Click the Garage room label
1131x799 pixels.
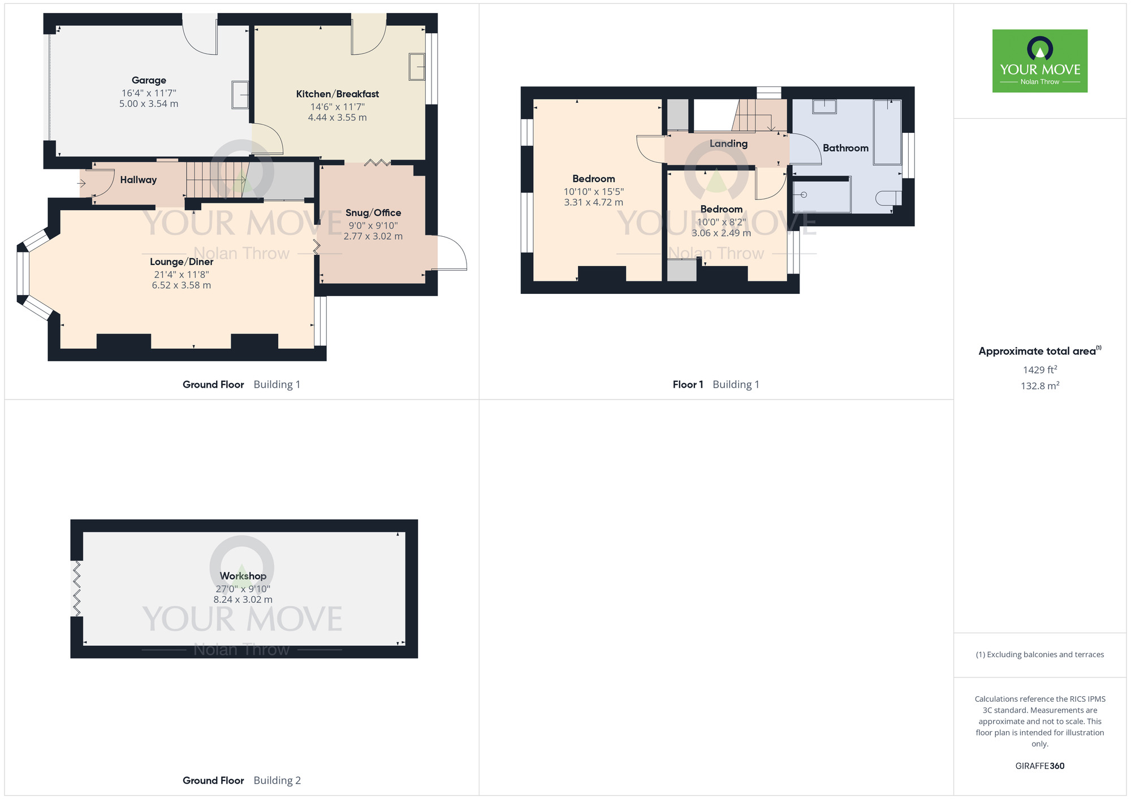[x=149, y=80]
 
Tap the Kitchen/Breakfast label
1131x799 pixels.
[x=338, y=94]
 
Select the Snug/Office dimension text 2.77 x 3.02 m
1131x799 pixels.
[x=373, y=236]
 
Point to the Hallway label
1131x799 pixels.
[x=139, y=180]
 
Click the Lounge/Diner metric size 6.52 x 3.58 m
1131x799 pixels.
[x=182, y=285]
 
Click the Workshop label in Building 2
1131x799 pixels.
[x=243, y=576]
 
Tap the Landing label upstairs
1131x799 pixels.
[x=728, y=144]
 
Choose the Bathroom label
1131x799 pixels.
[x=845, y=148]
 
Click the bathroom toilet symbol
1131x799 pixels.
[x=888, y=198]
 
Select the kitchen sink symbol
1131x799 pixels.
[x=417, y=67]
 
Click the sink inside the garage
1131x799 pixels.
[x=240, y=95]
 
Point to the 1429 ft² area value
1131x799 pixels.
[x=1040, y=370]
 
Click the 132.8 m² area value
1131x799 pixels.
[x=1040, y=386]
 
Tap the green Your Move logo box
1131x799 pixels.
[x=1040, y=61]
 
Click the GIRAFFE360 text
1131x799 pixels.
[x=1040, y=766]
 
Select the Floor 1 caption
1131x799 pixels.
[x=688, y=385]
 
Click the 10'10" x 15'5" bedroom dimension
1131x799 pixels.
[x=594, y=192]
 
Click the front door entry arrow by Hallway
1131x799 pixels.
[x=81, y=183]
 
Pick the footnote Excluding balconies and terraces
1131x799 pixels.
[x=1040, y=655]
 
